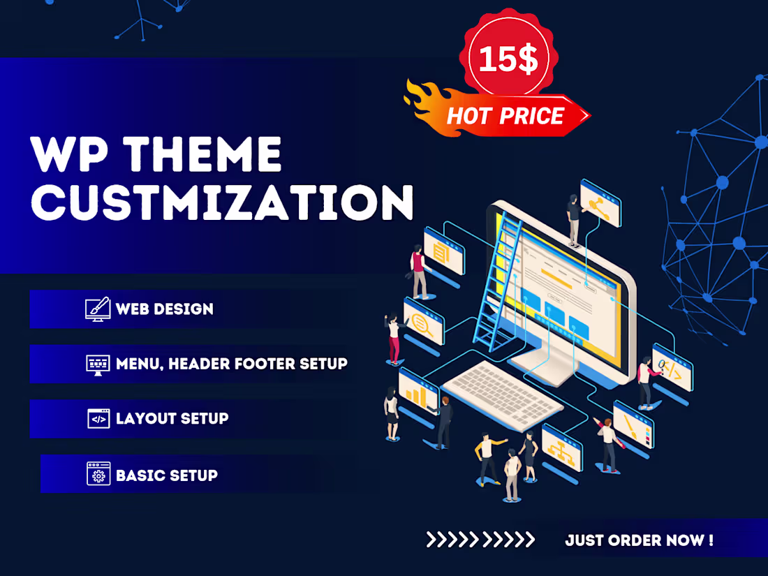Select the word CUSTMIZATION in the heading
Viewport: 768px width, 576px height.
click(223, 201)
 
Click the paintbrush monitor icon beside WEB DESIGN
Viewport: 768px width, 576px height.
click(98, 309)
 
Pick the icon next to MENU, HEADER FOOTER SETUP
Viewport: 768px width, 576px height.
click(98, 364)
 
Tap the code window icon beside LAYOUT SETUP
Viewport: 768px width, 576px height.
click(98, 418)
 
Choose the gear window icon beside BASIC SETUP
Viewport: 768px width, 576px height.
click(98, 474)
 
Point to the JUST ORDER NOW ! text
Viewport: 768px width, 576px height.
click(639, 540)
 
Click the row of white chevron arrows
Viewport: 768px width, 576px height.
click(480, 539)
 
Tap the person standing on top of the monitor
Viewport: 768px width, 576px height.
click(573, 219)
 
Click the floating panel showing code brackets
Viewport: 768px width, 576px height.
click(672, 367)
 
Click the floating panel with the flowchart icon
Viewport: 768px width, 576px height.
click(562, 445)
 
